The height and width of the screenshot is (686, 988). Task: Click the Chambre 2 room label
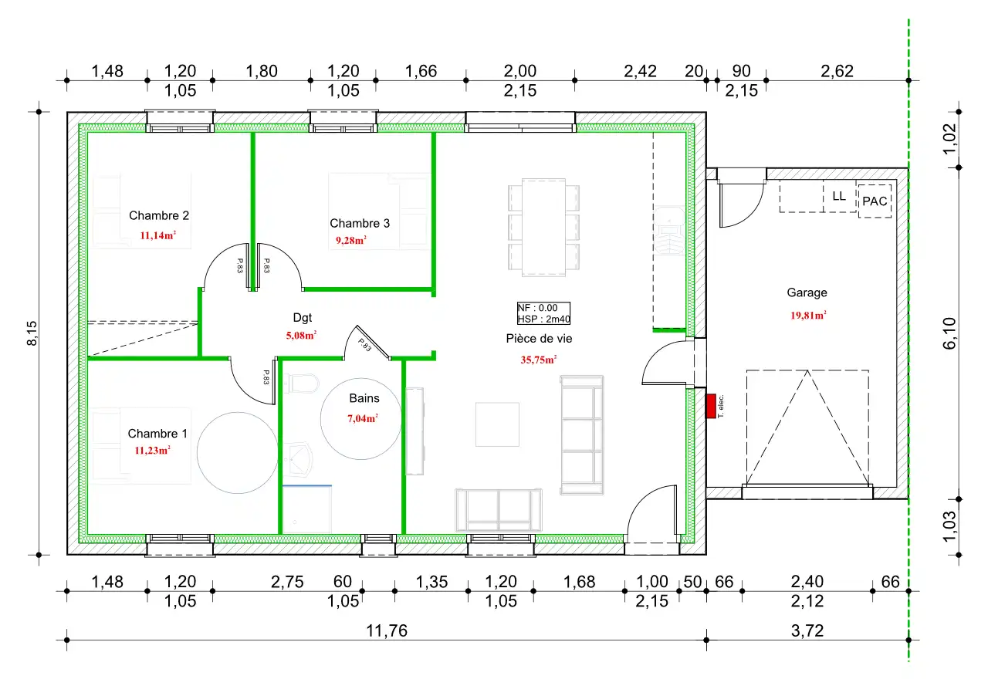point(159,215)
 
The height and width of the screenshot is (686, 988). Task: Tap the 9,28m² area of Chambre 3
point(351,240)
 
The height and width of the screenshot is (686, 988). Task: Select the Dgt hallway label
point(302,317)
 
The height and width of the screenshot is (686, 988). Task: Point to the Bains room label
point(364,398)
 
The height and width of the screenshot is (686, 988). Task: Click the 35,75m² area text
point(539,360)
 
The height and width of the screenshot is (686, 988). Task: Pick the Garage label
point(807,292)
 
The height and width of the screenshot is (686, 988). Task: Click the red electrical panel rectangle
point(711,406)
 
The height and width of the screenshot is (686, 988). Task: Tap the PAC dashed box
point(875,201)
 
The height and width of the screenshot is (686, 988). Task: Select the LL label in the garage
point(839,196)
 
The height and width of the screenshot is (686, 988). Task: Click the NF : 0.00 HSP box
point(543,313)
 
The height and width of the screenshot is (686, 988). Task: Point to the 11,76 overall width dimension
point(387,631)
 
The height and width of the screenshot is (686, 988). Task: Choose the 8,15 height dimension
point(32,333)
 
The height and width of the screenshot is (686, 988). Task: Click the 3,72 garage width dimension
point(807,631)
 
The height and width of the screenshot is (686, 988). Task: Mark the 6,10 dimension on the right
point(949,333)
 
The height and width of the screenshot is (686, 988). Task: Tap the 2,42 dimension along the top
point(640,72)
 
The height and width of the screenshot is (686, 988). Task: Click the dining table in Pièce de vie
point(543,228)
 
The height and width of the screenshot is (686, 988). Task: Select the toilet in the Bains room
point(302,384)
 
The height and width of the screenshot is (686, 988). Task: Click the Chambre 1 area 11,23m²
point(152,451)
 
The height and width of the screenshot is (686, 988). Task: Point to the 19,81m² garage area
point(808,316)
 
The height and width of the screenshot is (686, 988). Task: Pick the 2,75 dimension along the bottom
point(287,582)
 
